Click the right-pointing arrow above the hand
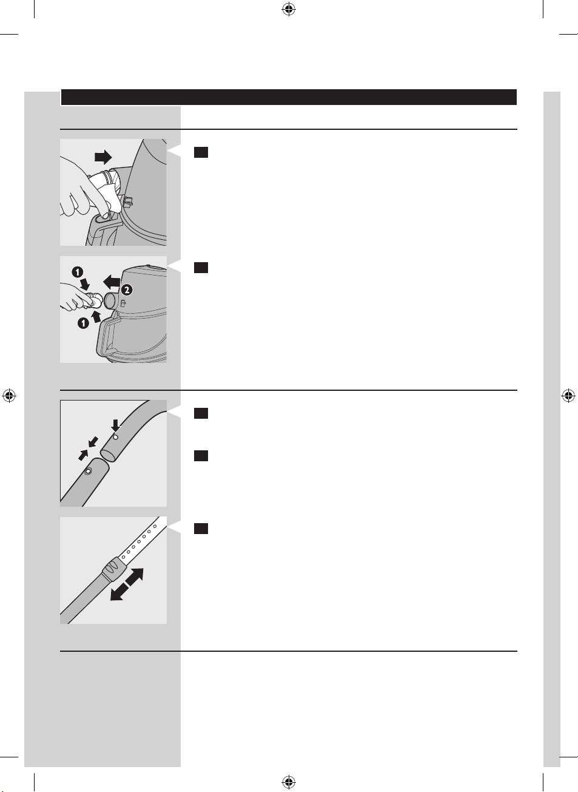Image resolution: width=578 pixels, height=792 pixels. pos(103,157)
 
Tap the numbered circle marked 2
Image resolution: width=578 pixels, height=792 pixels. pos(127,290)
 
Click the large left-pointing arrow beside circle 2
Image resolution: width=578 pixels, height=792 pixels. pos(112,282)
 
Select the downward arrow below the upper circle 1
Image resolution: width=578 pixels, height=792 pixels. pos(85,283)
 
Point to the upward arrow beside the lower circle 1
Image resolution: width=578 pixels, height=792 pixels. pos(96,316)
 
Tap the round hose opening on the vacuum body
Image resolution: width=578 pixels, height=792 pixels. pos(110,301)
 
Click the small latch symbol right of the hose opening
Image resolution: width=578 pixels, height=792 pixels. pos(123,303)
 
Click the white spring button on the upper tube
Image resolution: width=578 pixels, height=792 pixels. pos(115,438)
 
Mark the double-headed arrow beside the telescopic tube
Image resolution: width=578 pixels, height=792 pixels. pos(127,584)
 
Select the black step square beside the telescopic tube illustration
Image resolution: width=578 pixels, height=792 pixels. pos(201,529)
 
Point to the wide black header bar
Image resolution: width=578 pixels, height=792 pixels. pos(289,97)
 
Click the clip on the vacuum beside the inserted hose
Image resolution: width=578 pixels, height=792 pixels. pos(127,202)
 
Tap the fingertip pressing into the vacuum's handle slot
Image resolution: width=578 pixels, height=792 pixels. pos(104,215)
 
